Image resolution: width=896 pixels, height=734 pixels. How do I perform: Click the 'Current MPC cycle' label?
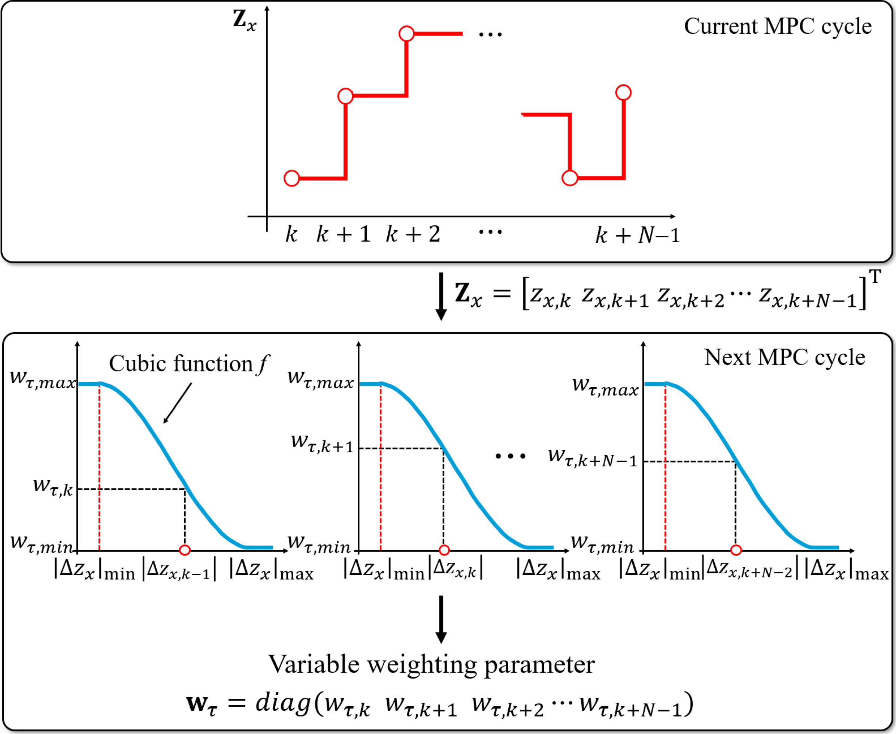[777, 27]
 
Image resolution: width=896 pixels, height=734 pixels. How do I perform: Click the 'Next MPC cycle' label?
[784, 357]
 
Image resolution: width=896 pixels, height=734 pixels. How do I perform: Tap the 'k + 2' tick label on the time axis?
[413, 234]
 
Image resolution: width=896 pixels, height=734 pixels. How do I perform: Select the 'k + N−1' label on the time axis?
[637, 235]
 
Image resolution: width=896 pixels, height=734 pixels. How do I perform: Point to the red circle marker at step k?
[292, 178]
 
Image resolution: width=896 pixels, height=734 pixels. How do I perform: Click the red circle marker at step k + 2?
[406, 33]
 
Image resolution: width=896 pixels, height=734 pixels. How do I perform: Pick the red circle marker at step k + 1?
[345, 96]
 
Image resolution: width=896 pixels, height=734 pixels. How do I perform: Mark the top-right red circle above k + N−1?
[623, 92]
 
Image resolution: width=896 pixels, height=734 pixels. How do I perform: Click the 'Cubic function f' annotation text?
[188, 364]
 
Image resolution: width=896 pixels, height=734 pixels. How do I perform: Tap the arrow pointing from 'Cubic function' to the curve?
[178, 403]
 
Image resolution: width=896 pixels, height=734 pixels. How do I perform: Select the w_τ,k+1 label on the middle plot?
[322, 443]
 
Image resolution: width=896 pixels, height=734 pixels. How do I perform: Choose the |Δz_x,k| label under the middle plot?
[456, 569]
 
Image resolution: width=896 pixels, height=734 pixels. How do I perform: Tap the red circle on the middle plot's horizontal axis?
[444, 550]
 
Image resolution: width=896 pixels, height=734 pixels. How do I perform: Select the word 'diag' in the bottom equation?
[282, 704]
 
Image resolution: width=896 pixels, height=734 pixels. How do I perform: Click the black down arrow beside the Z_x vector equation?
[441, 296]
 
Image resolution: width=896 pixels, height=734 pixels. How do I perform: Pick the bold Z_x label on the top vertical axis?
[244, 20]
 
